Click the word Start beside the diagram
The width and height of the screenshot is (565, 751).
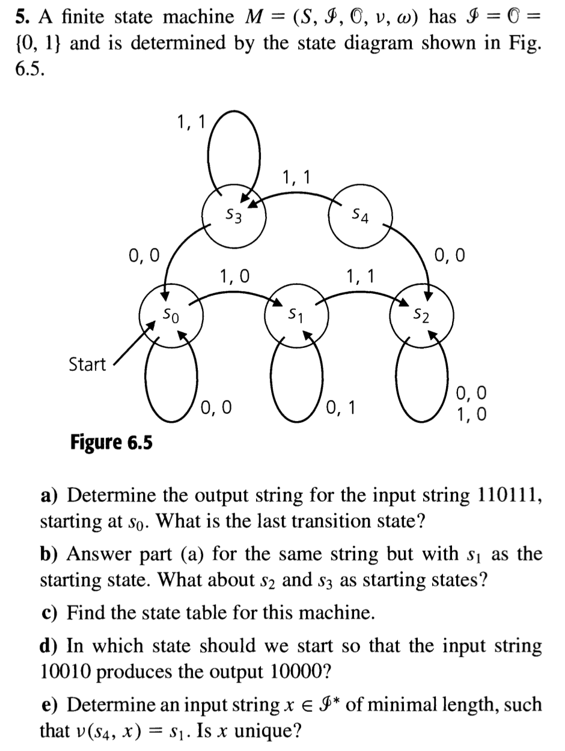(87, 364)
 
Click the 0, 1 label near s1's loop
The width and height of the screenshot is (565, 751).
(341, 408)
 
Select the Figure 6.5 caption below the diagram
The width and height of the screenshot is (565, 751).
(111, 442)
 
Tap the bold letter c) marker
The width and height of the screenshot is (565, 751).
(50, 613)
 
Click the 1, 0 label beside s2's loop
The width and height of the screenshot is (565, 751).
(472, 414)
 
